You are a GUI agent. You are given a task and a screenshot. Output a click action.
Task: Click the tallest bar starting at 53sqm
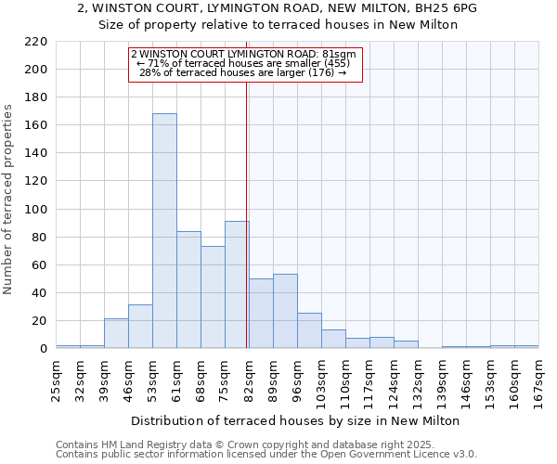click(164, 231)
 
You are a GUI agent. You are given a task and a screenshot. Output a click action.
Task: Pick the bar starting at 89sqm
click(285, 311)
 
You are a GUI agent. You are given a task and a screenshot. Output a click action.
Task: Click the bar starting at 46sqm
click(140, 327)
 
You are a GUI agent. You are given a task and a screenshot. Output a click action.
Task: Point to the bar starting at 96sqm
click(309, 330)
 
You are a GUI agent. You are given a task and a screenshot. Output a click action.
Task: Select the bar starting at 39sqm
click(116, 333)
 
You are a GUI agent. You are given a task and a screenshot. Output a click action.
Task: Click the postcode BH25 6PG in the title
click(451, 7)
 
